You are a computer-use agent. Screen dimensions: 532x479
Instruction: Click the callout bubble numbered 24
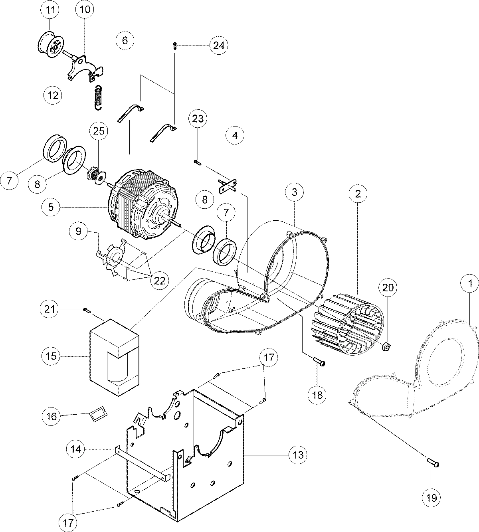[219, 45]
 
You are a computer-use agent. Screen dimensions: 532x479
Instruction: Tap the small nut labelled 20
[386, 346]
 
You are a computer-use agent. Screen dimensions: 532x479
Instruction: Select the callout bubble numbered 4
[235, 136]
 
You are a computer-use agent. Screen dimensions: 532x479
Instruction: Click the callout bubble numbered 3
[295, 192]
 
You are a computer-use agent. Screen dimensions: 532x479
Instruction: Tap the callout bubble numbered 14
[76, 449]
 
